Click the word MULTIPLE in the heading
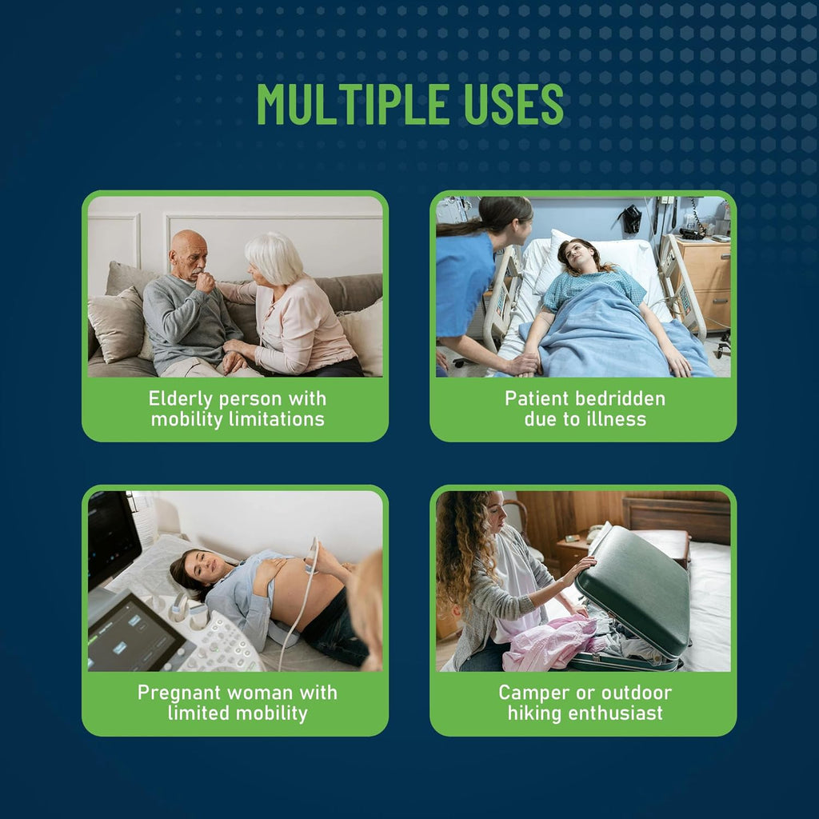(x=353, y=105)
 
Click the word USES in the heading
(x=514, y=105)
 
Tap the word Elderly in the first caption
(x=181, y=400)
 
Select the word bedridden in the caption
(x=620, y=398)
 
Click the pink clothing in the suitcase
(x=549, y=641)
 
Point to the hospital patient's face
(x=579, y=256)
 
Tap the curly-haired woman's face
(x=494, y=515)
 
